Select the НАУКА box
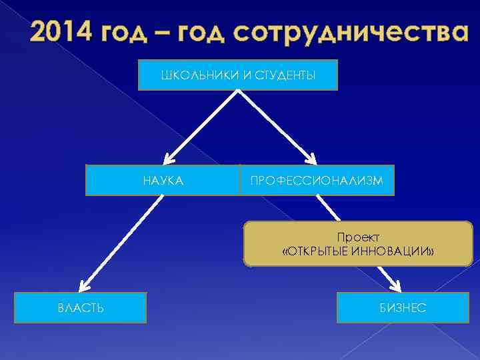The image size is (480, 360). click(x=163, y=180)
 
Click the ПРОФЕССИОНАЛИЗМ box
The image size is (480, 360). click(x=317, y=180)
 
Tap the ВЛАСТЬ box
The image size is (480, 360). click(x=80, y=307)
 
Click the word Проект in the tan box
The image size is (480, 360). click(x=358, y=238)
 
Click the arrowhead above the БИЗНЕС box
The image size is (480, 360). click(x=393, y=285)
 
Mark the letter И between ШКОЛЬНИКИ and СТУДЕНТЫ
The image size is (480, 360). click(x=246, y=75)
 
